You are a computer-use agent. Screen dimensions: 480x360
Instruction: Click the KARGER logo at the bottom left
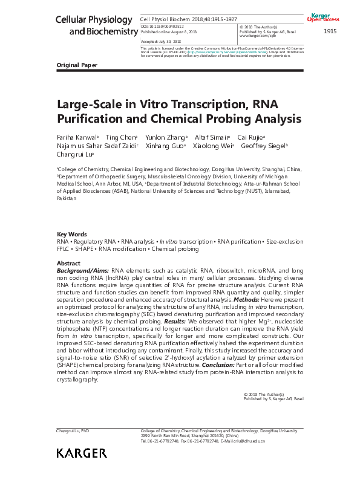(x=81, y=453)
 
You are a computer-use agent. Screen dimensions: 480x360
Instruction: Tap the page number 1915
(x=330, y=31)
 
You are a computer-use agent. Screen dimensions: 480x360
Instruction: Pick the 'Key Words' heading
(x=71, y=234)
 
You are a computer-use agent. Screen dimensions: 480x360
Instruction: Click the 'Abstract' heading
(x=68, y=264)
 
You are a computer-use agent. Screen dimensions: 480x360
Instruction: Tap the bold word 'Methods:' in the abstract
(x=248, y=299)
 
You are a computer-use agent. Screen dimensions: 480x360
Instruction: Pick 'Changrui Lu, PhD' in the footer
(x=73, y=430)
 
